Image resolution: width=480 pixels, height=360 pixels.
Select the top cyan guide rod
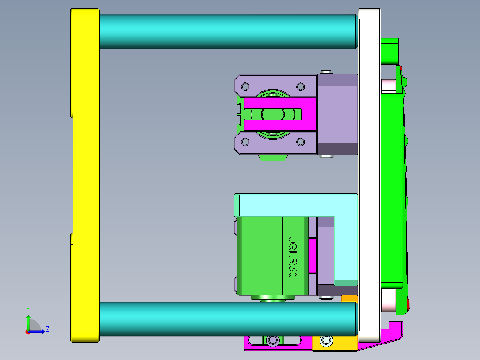(227, 31)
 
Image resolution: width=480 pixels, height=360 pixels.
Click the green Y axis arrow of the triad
(28, 320)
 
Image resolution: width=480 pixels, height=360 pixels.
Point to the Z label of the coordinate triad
(47, 329)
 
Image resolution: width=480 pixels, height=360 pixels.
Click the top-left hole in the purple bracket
(244, 86)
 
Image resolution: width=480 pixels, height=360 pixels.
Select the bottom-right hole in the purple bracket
(300, 142)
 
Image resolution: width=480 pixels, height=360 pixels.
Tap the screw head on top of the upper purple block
(327, 72)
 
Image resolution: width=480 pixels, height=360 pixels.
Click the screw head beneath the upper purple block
(327, 156)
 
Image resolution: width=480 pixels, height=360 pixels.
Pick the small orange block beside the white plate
(349, 299)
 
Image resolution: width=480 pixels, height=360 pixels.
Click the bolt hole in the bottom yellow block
(326, 341)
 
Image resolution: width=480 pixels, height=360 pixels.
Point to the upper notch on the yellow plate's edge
(71, 111)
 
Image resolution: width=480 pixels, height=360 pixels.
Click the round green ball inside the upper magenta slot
(273, 114)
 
